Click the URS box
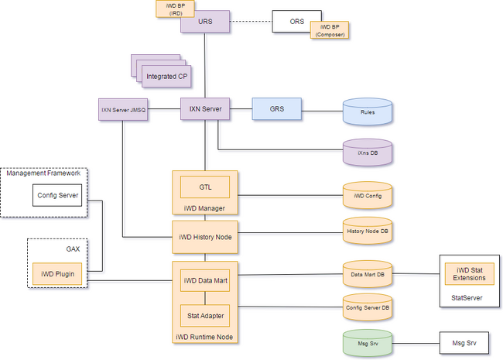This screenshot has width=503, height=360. pyautogui.click(x=205, y=22)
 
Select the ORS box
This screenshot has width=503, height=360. pyautogui.click(x=296, y=21)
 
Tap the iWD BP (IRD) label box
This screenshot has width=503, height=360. pyautogui.click(x=175, y=9)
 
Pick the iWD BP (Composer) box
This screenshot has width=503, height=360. pyautogui.click(x=330, y=30)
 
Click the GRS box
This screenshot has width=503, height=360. pyautogui.click(x=277, y=108)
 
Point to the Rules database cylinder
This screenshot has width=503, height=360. pyautogui.click(x=368, y=111)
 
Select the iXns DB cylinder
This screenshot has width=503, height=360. pyautogui.click(x=368, y=153)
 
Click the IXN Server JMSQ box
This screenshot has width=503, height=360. pyautogui.click(x=123, y=109)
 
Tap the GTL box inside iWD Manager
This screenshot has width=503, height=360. pyautogui.click(x=205, y=187)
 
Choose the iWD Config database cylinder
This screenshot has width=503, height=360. pyautogui.click(x=368, y=195)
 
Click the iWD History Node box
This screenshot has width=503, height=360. pyautogui.click(x=205, y=237)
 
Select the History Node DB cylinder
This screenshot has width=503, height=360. pyautogui.click(x=368, y=231)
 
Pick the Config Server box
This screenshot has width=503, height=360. pyautogui.click(x=57, y=195)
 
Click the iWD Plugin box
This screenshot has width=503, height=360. pyautogui.click(x=57, y=274)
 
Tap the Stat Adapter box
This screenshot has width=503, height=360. pyautogui.click(x=205, y=316)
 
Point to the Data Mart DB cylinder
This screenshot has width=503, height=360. pyautogui.click(x=368, y=274)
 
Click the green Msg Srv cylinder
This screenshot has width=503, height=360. pyautogui.click(x=368, y=343)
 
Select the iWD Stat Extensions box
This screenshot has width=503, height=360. pyautogui.click(x=469, y=274)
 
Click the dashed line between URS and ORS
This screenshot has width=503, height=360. pyautogui.click(x=251, y=22)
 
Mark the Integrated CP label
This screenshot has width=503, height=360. pyautogui.click(x=167, y=77)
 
